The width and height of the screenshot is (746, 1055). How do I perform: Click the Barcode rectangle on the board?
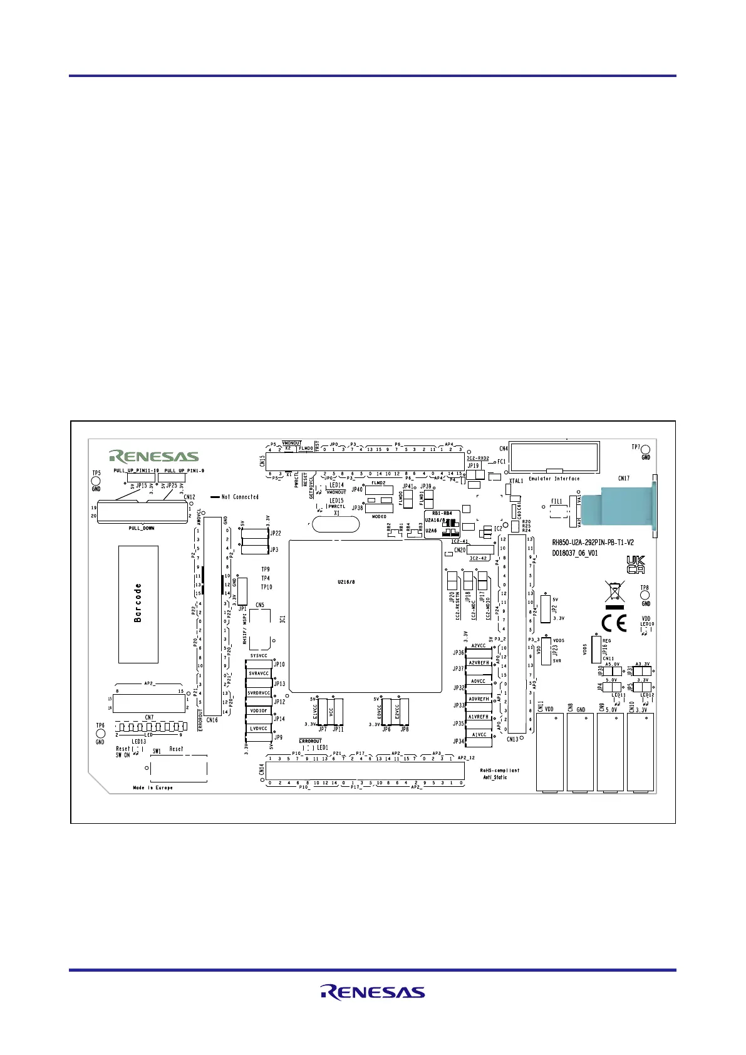(x=138, y=604)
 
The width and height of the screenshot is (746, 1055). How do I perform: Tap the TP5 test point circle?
(x=96, y=481)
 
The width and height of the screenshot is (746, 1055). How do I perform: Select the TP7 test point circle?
(x=645, y=449)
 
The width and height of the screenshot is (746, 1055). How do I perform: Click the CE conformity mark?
(x=614, y=623)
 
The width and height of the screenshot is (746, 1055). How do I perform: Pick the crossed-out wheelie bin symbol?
(x=614, y=591)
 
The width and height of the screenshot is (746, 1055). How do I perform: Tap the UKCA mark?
(x=636, y=564)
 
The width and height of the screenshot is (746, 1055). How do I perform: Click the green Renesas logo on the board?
(x=154, y=456)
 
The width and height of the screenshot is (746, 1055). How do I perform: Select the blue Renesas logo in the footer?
(x=373, y=992)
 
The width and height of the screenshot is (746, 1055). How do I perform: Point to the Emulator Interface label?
(x=554, y=479)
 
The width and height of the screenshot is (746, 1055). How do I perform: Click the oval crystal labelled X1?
(x=336, y=524)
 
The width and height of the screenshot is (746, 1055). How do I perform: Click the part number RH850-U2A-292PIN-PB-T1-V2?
(x=593, y=543)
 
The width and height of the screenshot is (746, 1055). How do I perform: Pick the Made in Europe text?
(x=153, y=787)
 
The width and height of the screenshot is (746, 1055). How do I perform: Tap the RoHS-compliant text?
(x=500, y=771)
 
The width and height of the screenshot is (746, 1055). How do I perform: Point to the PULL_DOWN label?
(x=142, y=528)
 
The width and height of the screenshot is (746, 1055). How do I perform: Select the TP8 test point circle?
(x=645, y=595)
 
